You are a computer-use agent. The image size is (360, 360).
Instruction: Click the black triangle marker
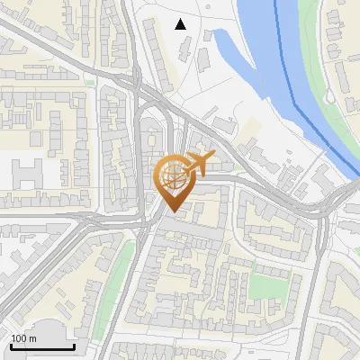181,24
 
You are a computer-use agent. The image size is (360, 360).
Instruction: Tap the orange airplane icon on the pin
200,163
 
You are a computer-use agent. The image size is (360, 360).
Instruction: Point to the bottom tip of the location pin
172,211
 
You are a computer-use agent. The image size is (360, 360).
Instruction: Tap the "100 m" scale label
24,338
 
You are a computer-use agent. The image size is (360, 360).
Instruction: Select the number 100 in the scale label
20,338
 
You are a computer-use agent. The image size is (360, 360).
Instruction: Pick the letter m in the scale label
32,338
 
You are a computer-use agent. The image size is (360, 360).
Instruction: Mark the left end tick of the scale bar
10,344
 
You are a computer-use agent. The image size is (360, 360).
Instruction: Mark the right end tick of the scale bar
75,344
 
